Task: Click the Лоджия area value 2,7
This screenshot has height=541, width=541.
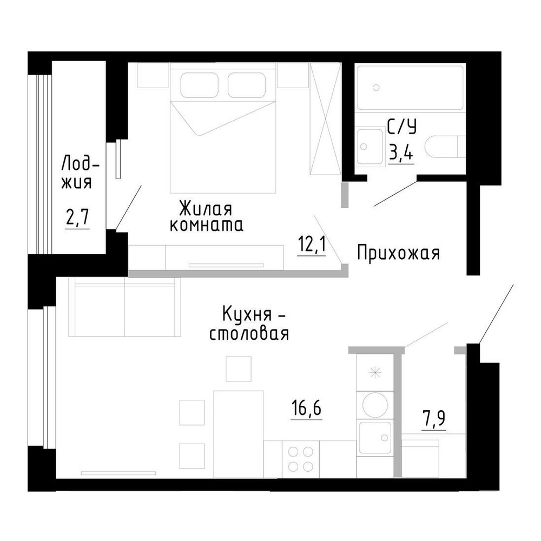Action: pos(77,217)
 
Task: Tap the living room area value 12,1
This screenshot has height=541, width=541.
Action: pos(312,245)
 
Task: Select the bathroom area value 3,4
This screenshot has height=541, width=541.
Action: pos(401,152)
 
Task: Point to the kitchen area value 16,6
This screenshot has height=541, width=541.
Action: pos(306,408)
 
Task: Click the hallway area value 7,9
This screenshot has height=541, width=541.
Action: pos(433,420)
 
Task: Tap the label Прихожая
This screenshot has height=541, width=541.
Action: pos(399,253)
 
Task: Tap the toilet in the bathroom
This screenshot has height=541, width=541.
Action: pos(445,148)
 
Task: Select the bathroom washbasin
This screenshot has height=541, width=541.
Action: pos(371,147)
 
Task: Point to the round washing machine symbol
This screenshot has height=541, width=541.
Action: pos(375,404)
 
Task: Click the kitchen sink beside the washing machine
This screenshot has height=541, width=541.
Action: pos(375,438)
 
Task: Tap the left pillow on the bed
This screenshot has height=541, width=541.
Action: pos(200,85)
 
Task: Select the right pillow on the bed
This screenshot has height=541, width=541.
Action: pos(247,85)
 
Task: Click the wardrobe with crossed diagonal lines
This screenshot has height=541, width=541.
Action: pos(325,119)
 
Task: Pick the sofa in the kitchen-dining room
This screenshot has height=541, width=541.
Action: pos(124,306)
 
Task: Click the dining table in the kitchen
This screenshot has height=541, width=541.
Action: pos(239,434)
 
